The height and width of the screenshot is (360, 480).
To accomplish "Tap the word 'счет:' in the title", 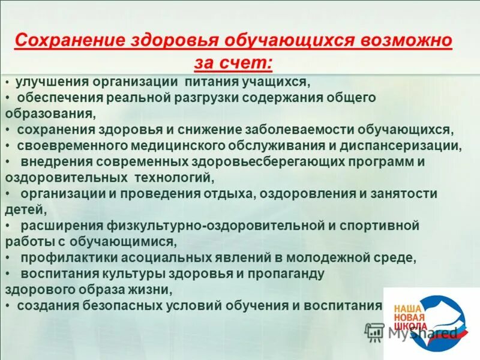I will [251, 62].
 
